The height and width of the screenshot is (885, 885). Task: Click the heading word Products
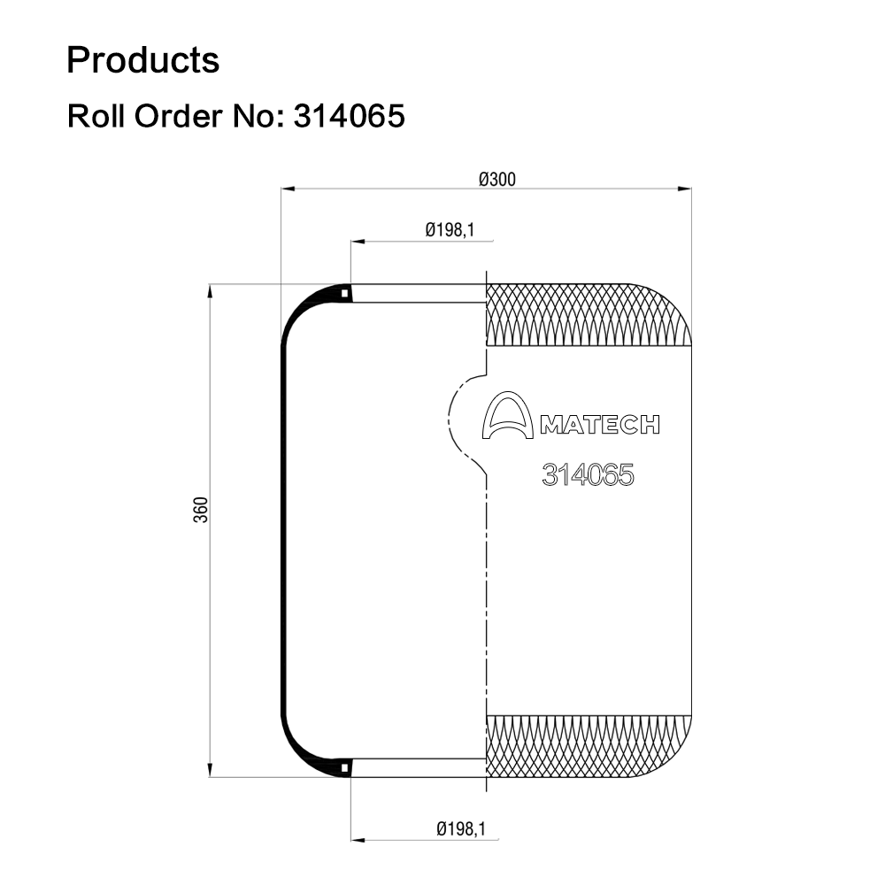142,60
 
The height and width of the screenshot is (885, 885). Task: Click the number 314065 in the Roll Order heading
349,116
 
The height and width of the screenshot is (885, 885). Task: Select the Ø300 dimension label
497,180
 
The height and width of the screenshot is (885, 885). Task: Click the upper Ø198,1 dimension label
450,230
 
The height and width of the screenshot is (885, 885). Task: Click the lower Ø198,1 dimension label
461,828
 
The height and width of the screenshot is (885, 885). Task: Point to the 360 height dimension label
201,510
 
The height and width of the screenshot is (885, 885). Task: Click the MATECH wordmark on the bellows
600,425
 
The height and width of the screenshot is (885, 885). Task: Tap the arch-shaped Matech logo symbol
507,415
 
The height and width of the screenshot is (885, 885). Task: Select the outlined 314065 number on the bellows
588,474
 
